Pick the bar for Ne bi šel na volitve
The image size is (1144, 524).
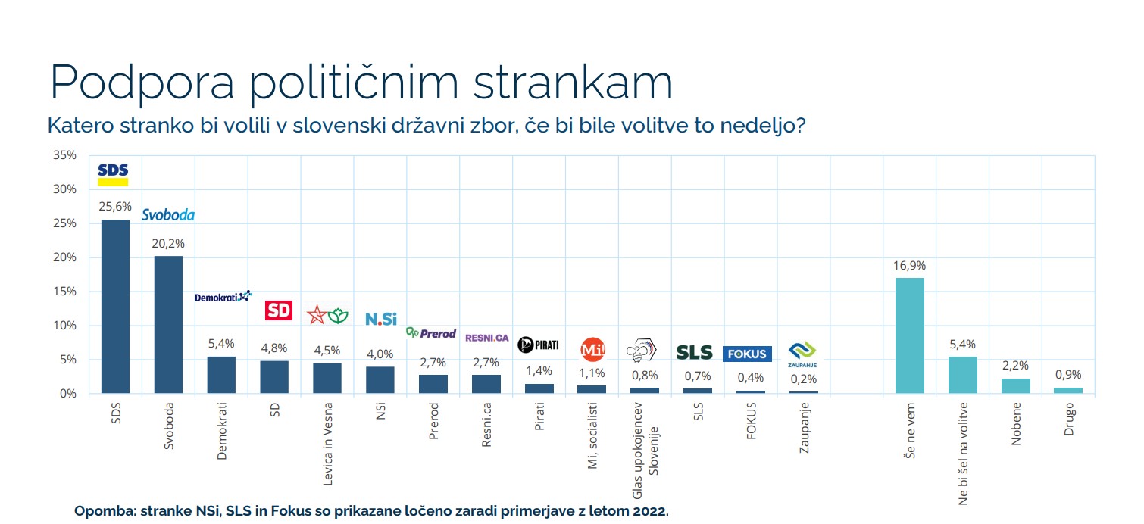point(962,375)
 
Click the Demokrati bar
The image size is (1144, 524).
point(221,375)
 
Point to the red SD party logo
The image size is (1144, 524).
point(278,310)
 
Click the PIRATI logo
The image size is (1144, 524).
point(538,345)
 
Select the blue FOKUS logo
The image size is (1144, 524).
point(747,354)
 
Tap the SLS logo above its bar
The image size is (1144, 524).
point(694,352)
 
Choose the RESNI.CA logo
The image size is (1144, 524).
point(486,338)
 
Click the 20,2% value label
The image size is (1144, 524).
point(168,244)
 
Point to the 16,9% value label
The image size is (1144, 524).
point(909,266)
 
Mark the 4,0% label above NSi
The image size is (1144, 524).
point(380,354)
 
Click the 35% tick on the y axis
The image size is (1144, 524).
point(65,155)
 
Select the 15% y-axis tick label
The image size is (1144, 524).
point(65,292)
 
